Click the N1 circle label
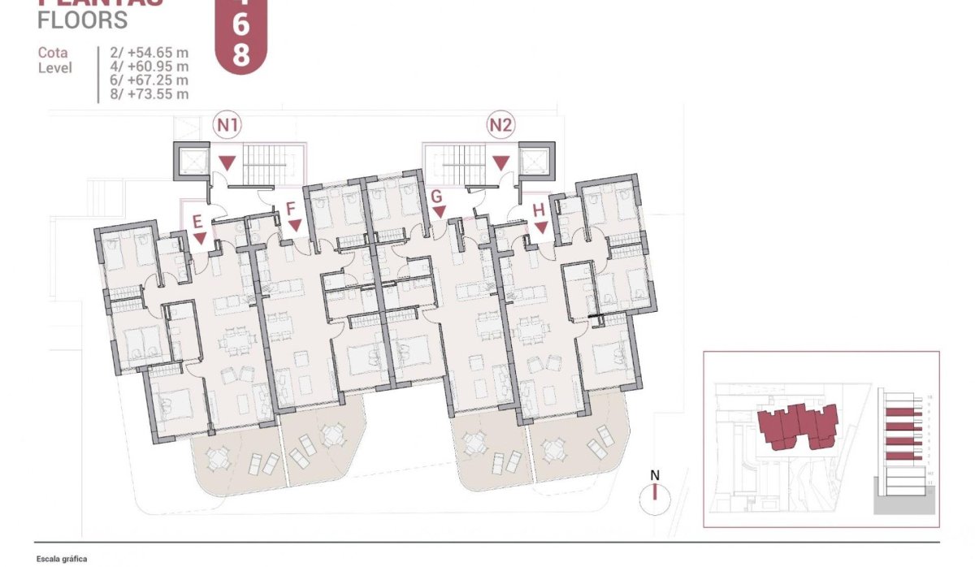tap(227, 125)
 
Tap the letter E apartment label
tap(197, 220)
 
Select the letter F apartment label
tap(290, 208)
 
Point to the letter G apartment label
tap(436, 196)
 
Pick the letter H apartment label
tap(539, 210)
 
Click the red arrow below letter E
tap(200, 238)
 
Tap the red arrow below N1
tap(228, 162)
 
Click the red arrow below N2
tap(501, 162)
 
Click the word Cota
tap(53, 53)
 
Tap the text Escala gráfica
tap(62, 559)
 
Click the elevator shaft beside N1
tap(191, 159)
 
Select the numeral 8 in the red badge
tap(241, 54)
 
